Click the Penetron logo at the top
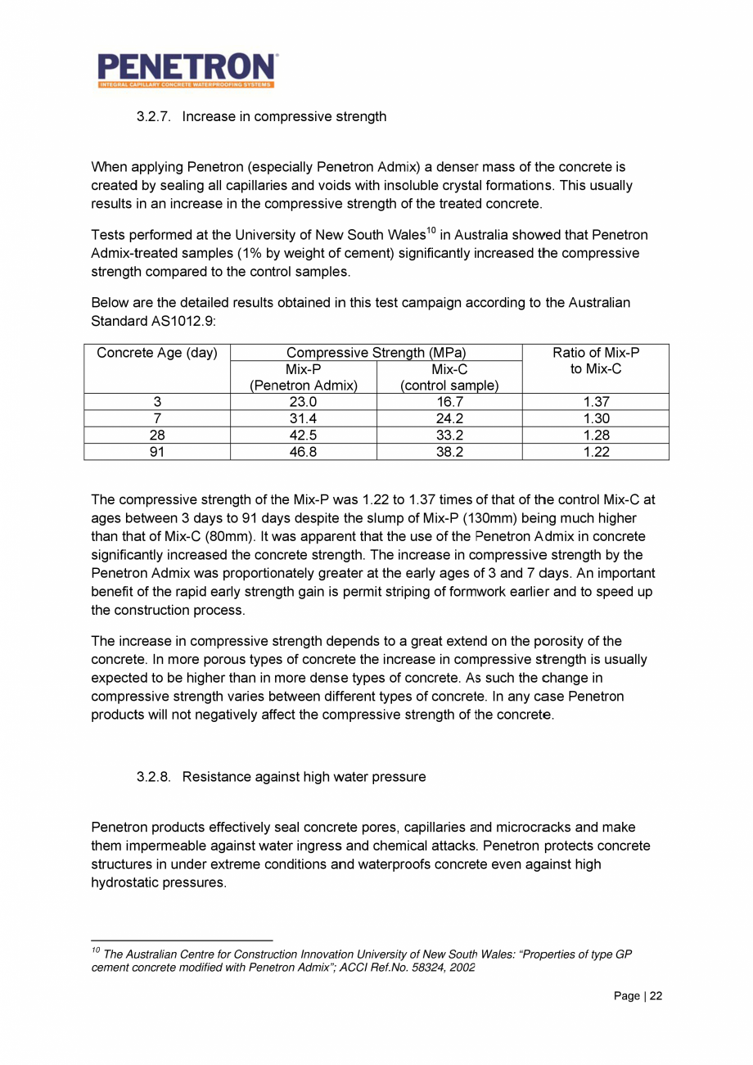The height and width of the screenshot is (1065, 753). [187, 70]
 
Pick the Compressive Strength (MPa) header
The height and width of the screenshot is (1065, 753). [376, 354]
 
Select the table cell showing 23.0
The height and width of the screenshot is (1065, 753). [304, 402]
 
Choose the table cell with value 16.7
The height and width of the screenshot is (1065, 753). [449, 402]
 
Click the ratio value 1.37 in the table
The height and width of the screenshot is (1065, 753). [596, 402]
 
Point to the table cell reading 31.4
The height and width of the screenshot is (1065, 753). [304, 418]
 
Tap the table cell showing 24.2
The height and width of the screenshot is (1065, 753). [449, 418]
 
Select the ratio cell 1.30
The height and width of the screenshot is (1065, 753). [596, 418]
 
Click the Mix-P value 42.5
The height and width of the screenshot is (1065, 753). [304, 435]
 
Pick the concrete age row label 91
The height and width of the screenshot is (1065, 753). [157, 451]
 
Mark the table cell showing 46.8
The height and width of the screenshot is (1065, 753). [304, 451]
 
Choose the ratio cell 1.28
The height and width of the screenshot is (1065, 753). [596, 435]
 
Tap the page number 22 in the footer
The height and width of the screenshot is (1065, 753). [656, 996]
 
